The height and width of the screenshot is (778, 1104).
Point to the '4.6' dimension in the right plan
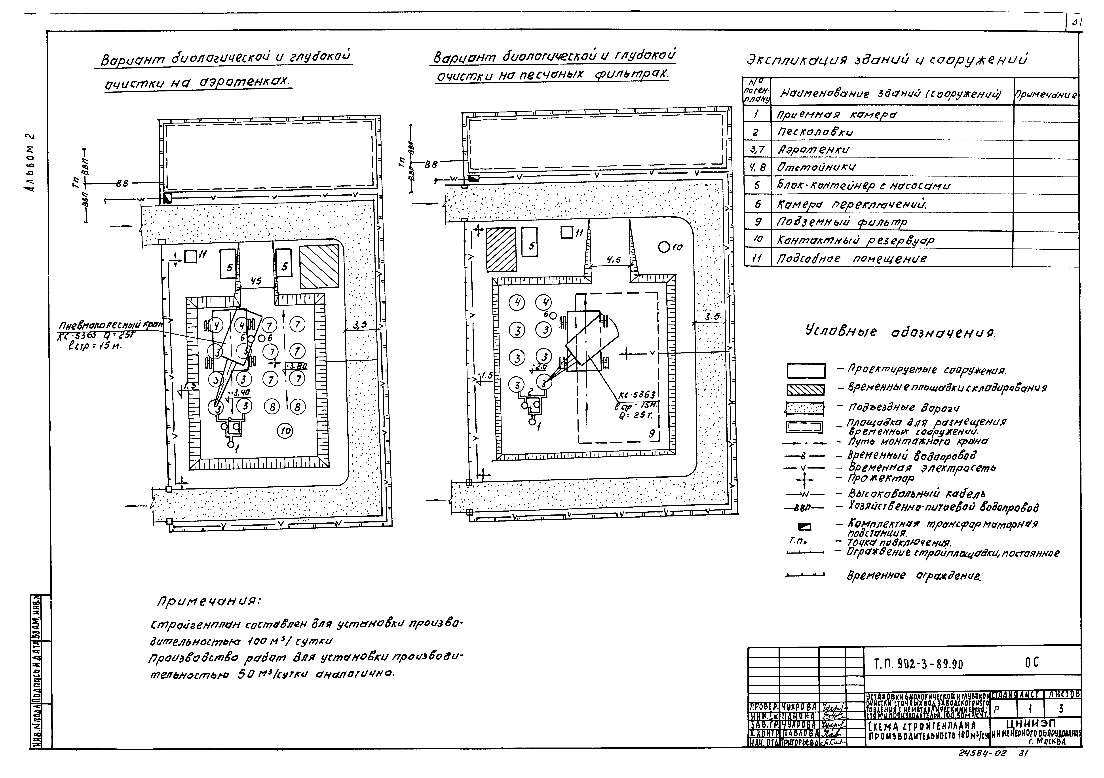(x=613, y=260)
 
